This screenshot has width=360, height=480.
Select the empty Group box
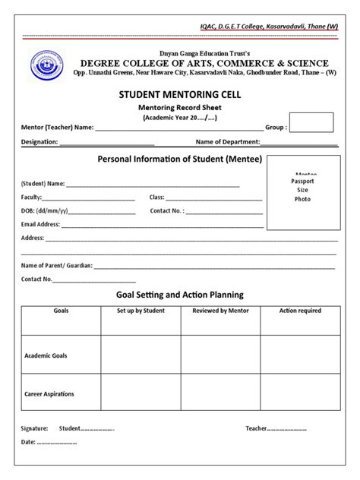[x=311, y=122]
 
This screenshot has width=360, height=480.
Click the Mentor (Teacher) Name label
[x=57, y=128]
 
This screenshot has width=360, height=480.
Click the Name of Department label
[x=228, y=142]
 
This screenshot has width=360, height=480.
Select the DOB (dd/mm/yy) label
[x=44, y=210]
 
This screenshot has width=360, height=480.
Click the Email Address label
[x=40, y=224]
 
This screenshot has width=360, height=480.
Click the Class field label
[x=157, y=197]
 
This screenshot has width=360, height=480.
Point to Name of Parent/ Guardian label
[x=56, y=265]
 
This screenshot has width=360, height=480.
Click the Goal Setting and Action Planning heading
[x=179, y=294]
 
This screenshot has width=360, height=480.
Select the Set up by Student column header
[x=141, y=311]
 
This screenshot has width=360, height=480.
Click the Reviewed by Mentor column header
[x=220, y=311]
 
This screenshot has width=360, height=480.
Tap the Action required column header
[x=300, y=311]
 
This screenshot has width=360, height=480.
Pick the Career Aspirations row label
[x=49, y=394]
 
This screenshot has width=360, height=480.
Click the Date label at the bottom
[x=28, y=442]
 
